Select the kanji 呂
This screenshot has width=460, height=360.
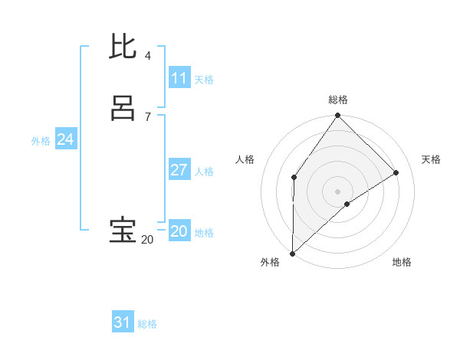[x=123, y=109]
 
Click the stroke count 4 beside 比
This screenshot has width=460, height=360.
[x=147, y=56]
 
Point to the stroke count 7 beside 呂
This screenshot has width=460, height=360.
[x=147, y=116]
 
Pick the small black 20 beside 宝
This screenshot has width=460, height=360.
[x=147, y=240]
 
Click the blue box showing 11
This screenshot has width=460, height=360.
[x=179, y=78]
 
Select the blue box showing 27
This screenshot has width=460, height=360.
[x=179, y=170]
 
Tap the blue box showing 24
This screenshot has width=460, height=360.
[x=65, y=139]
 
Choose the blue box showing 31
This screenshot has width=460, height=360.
[x=123, y=322]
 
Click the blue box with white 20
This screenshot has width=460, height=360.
[x=179, y=231]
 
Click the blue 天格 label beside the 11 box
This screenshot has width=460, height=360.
[x=204, y=80]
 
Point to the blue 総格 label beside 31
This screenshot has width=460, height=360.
[x=147, y=324]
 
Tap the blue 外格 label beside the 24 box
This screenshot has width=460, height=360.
[x=41, y=141]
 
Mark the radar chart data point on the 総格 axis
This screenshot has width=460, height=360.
[x=337, y=116]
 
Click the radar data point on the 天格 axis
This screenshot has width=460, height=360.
[x=396, y=172]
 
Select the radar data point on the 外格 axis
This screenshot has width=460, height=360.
[x=292, y=254]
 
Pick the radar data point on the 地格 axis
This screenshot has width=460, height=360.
[x=347, y=204]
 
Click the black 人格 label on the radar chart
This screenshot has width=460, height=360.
[x=245, y=159]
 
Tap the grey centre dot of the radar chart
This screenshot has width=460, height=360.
[x=337, y=191]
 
